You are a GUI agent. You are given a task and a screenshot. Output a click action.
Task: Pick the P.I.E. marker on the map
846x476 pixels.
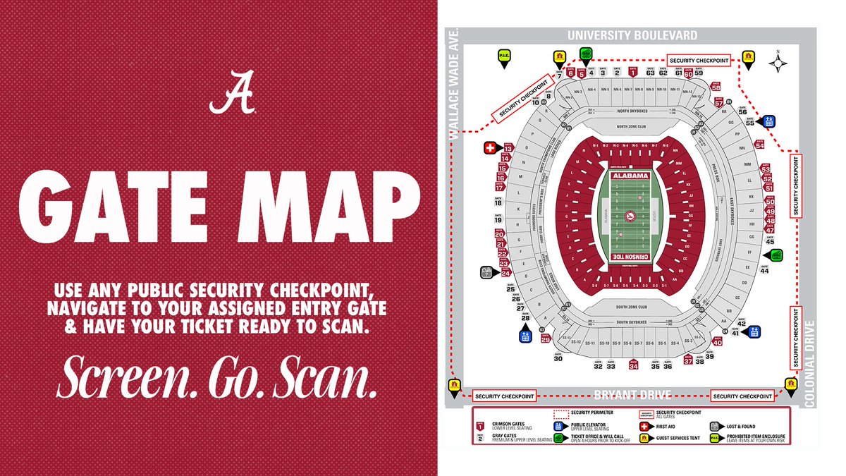(505, 58)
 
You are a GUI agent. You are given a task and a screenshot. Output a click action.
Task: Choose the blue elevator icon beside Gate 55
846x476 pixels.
(768, 121)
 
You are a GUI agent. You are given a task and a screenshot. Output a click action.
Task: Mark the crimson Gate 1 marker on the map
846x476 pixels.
(633, 71)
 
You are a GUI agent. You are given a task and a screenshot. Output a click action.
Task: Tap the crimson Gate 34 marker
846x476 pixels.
(633, 365)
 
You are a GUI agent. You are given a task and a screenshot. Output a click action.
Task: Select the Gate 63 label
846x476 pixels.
(651, 73)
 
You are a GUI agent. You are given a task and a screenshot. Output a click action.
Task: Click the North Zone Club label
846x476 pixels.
(631, 127)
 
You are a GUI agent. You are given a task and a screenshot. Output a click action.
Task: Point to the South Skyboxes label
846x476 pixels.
(631, 323)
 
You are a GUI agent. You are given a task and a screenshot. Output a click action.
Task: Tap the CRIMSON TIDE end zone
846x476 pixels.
(630, 257)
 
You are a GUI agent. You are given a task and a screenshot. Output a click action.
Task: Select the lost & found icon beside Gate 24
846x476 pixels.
(486, 271)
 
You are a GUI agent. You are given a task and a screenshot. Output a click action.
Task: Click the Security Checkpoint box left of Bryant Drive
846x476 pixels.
(503, 396)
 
